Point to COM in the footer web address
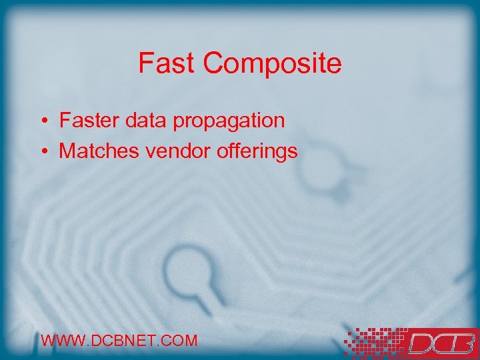tap(179, 341)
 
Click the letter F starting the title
tap(145, 64)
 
